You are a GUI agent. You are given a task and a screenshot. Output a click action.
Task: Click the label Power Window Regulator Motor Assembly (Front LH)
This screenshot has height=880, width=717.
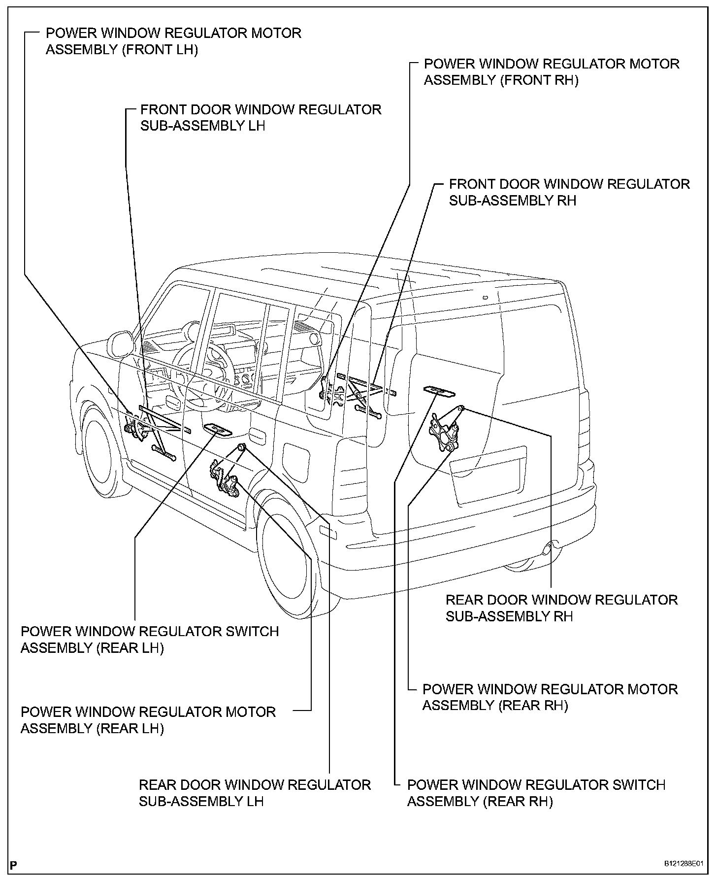click(173, 41)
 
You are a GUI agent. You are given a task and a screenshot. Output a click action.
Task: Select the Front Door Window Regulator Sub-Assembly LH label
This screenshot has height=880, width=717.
click(261, 117)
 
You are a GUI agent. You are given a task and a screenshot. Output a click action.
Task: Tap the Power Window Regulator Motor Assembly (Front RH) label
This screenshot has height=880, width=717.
click(551, 72)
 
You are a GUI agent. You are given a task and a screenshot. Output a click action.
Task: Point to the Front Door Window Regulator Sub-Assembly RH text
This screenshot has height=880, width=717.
click(569, 192)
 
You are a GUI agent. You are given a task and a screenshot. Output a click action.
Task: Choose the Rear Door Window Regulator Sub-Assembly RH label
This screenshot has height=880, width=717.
click(561, 608)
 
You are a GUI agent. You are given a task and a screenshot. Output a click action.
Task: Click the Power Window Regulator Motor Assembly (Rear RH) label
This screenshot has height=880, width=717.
click(550, 697)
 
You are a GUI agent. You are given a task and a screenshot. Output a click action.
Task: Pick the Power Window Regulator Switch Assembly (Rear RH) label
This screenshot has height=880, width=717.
click(536, 793)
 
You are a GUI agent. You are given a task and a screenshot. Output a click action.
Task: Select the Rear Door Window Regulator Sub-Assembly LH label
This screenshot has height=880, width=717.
click(255, 793)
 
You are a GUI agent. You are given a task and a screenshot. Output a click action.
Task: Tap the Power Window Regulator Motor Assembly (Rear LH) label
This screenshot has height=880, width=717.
click(148, 720)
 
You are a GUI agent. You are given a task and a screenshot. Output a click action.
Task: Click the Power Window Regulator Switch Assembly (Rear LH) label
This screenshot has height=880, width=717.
click(150, 640)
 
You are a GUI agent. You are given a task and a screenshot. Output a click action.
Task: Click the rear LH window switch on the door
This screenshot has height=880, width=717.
click(217, 429)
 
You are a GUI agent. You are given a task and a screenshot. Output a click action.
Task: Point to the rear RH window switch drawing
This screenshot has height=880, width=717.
click(439, 391)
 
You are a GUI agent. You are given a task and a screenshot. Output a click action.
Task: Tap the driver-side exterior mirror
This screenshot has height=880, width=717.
click(120, 343)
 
